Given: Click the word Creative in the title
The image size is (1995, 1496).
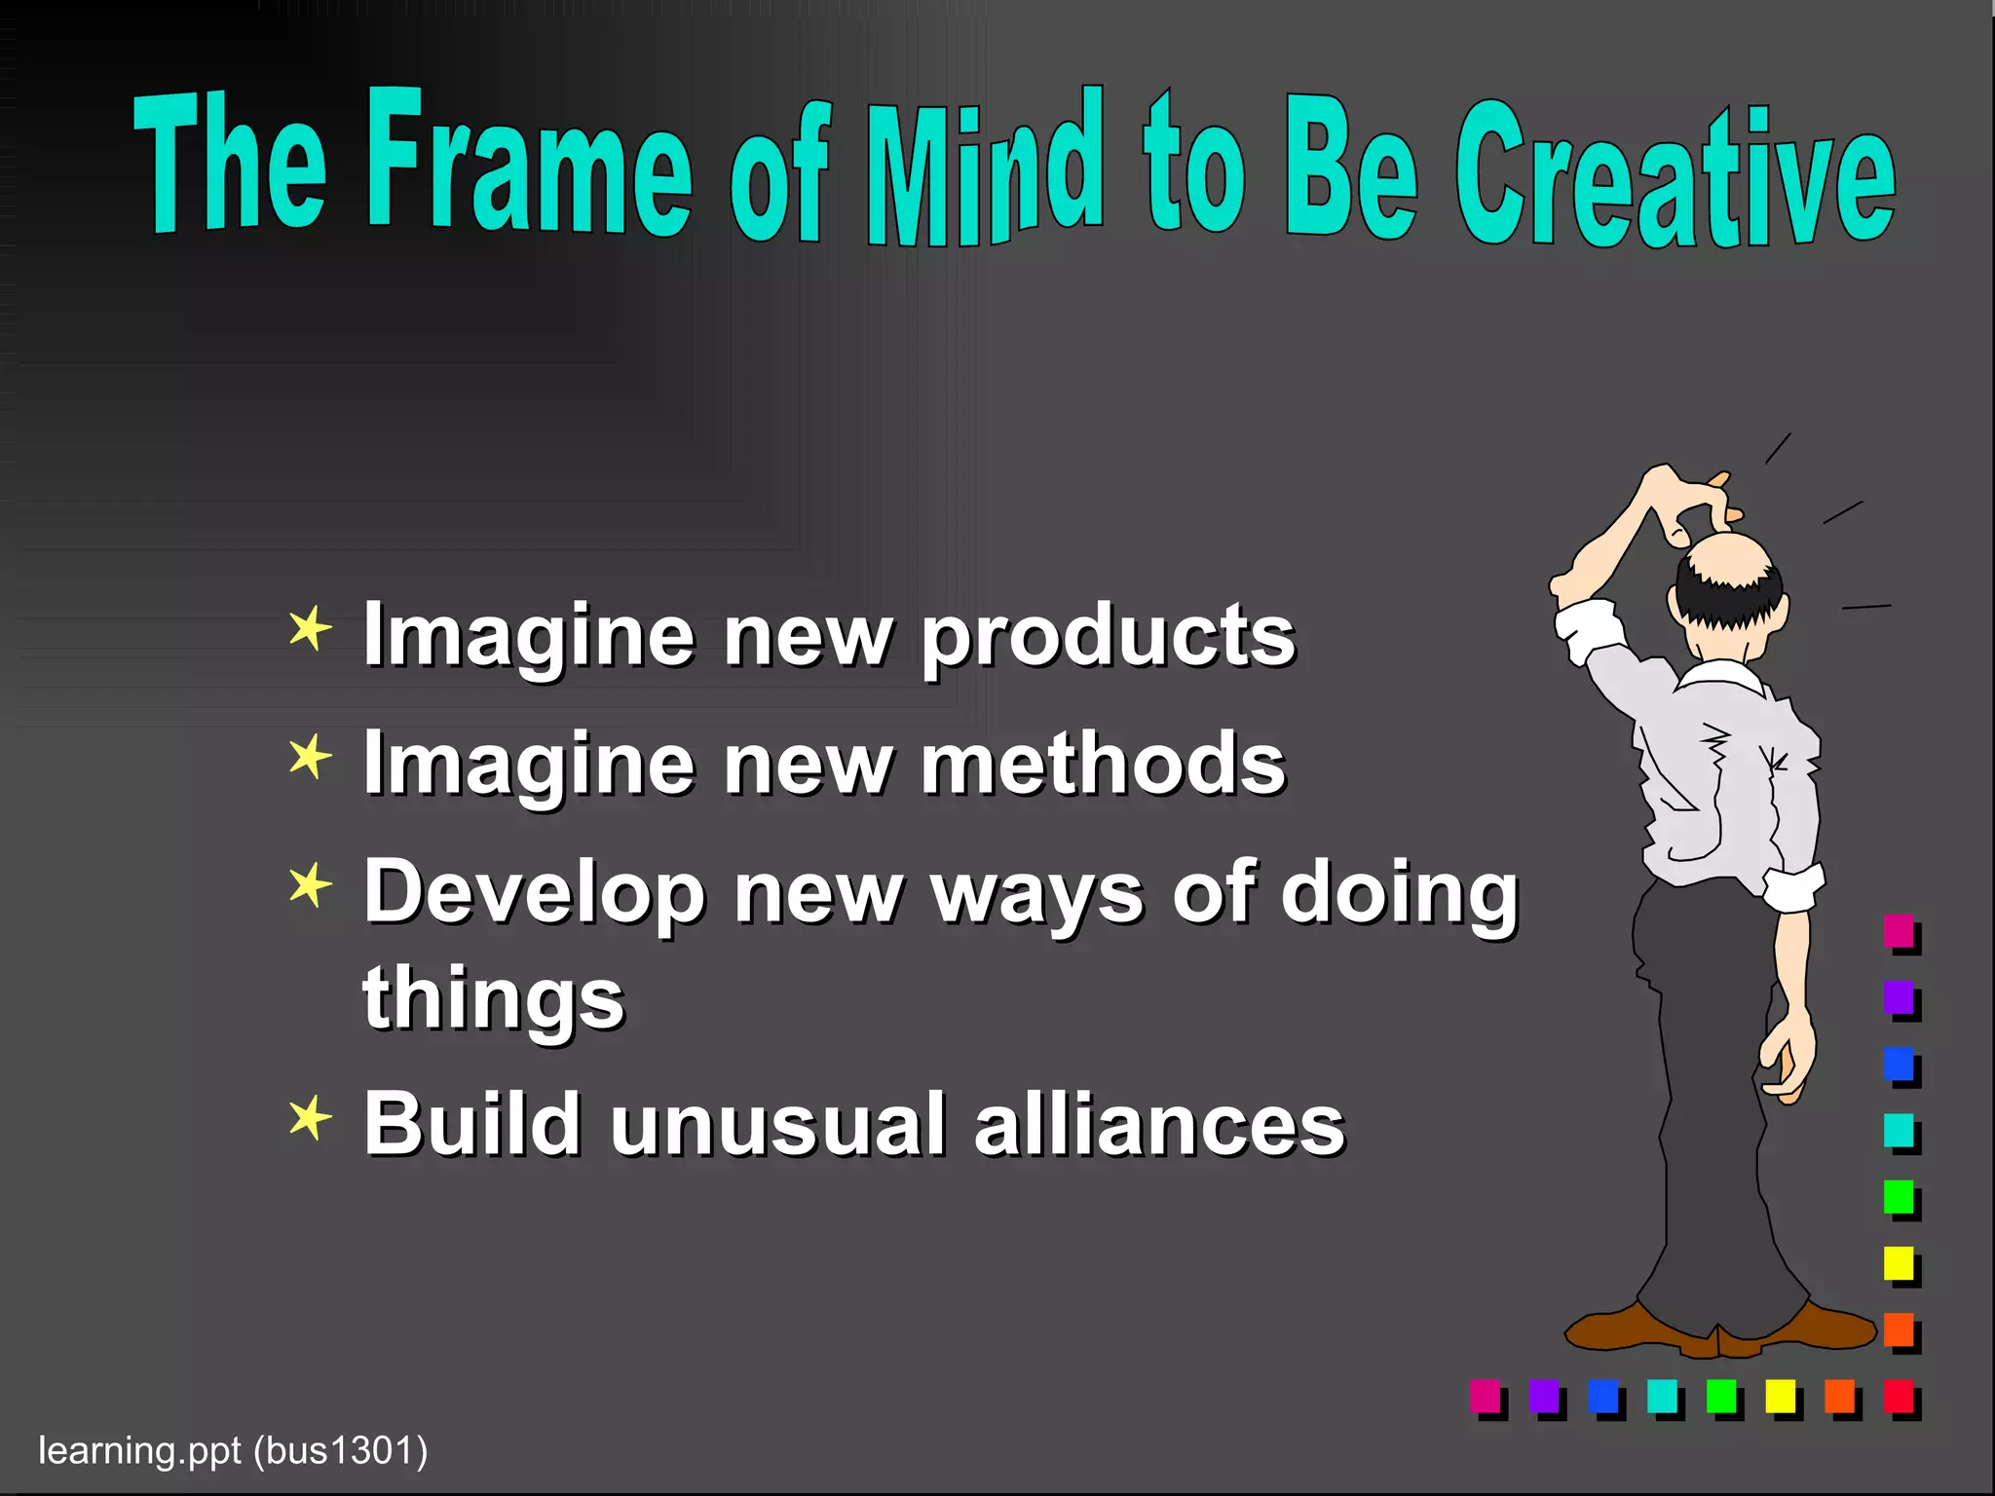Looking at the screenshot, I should tap(1675, 180).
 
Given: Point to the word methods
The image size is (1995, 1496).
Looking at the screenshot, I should tap(1103, 765).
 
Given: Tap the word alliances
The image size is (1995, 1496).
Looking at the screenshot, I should tap(1159, 1125).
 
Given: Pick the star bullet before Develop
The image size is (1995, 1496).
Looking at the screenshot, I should tap(310, 885).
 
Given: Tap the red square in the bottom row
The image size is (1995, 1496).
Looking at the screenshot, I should tap(1899, 1396).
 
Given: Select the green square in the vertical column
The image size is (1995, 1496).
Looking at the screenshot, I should tap(1899, 1196).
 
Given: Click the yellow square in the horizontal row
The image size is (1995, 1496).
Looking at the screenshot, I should tap(1780, 1396).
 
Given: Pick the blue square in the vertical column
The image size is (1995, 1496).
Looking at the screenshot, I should tap(1899, 1063).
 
